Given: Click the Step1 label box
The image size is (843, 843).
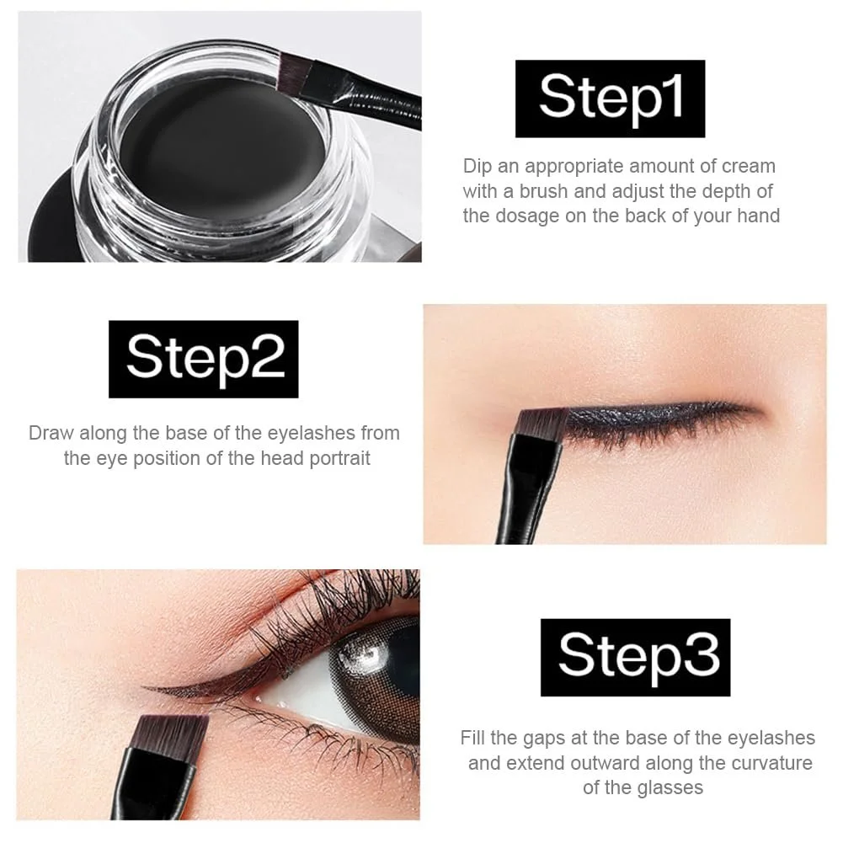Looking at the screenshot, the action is click(x=611, y=99).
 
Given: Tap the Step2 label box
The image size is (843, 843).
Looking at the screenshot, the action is click(x=203, y=359).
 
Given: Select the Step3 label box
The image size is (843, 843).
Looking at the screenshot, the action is click(x=636, y=658).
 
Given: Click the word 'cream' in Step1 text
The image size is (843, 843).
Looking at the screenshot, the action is click(x=749, y=166).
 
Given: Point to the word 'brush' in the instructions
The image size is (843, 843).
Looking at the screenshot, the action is click(x=543, y=191).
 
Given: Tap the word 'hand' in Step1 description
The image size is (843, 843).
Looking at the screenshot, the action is click(x=758, y=216).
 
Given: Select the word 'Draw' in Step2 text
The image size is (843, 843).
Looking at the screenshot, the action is click(x=51, y=433).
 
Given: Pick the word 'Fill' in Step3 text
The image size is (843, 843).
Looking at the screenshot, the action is click(x=472, y=738).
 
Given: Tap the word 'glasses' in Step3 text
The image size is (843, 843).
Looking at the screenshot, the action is click(x=670, y=787).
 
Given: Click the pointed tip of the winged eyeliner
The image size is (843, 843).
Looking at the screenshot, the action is click(x=143, y=686).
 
